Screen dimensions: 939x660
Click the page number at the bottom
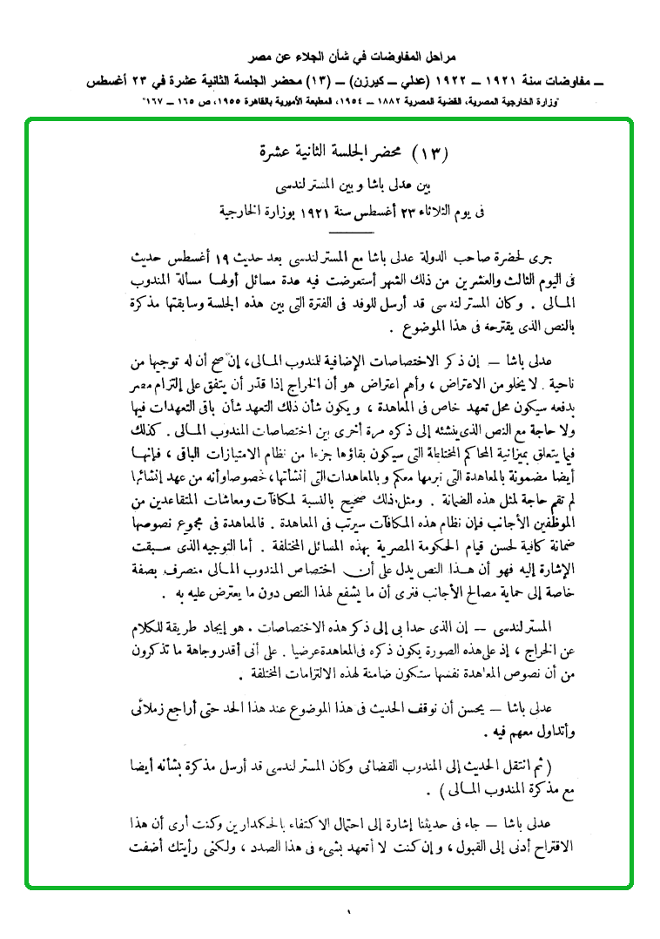tap(346, 913)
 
